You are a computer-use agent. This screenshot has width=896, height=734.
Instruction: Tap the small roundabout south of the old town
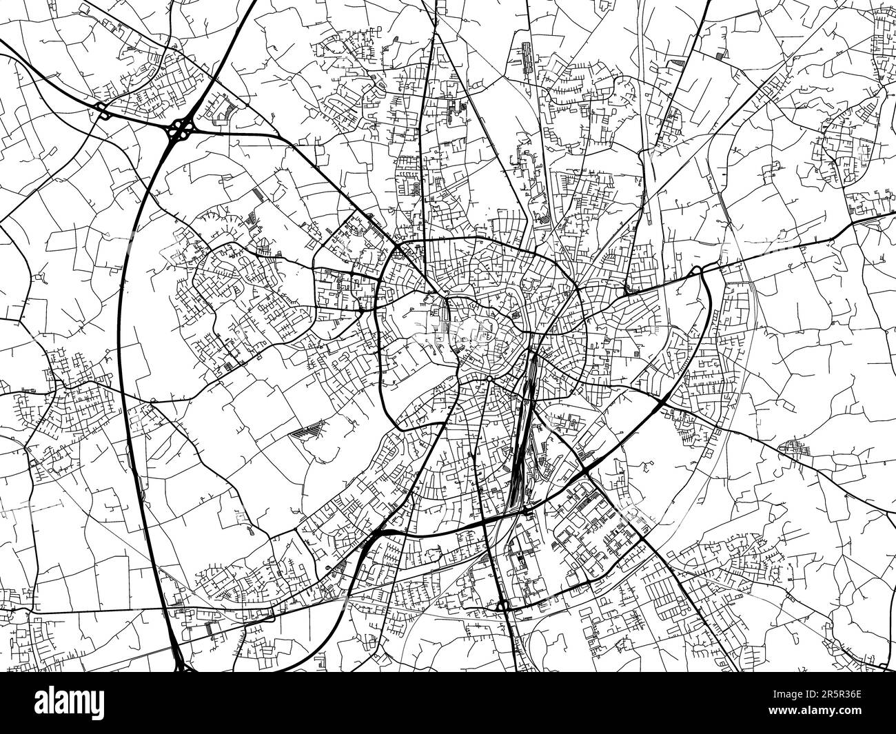[x=488, y=378]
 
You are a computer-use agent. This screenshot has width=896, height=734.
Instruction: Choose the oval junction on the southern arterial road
[x=502, y=605]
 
